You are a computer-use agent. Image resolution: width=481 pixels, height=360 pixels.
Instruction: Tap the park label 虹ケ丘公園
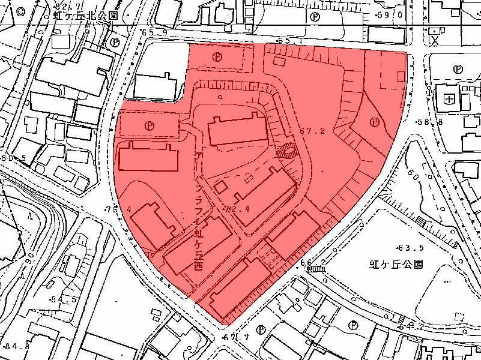(x=396, y=263)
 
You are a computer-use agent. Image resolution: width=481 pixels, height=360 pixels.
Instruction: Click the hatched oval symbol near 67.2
(x=289, y=152)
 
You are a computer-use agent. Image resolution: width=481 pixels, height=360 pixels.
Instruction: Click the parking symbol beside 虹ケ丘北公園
(x=115, y=42)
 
